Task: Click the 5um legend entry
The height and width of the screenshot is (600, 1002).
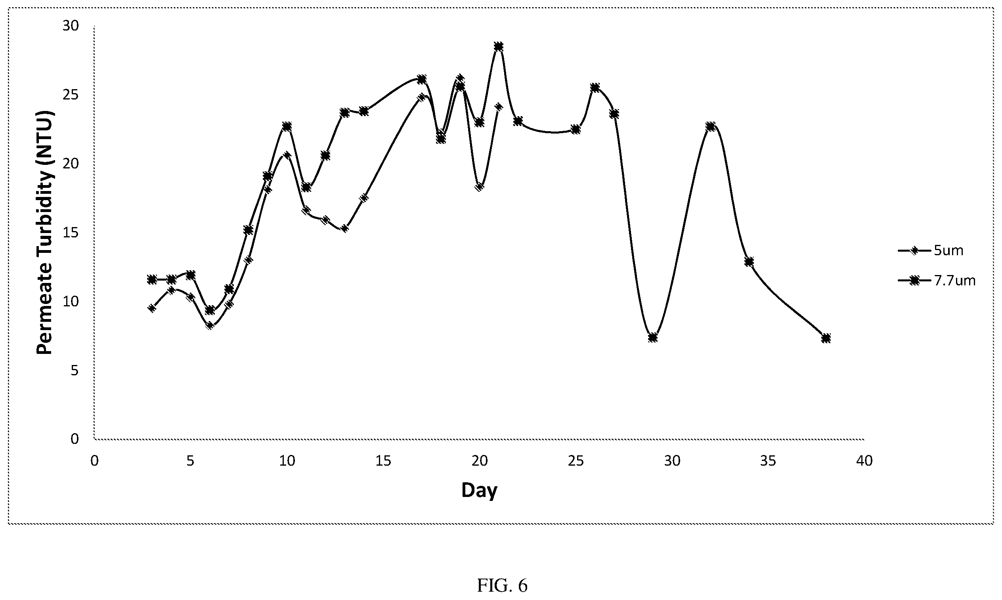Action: tap(930, 251)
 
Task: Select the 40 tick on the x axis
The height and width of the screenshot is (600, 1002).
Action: tap(864, 461)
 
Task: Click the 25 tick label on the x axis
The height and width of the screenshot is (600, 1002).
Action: tap(576, 461)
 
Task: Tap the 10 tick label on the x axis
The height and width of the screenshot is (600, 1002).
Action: tap(287, 461)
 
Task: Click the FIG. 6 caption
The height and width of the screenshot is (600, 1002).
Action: tap(502, 585)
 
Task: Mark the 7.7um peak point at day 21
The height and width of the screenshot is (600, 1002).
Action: tap(499, 46)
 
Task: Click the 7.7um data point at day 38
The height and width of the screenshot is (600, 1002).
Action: tap(826, 338)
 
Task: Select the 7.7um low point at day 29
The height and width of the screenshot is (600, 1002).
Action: tap(653, 338)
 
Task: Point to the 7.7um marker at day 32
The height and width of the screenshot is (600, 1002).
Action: tap(710, 126)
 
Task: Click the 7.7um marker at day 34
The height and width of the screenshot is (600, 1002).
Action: tap(749, 262)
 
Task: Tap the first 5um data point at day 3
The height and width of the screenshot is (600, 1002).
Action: tap(152, 308)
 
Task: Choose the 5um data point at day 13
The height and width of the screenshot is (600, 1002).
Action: tap(344, 228)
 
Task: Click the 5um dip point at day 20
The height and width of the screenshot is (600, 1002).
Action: tap(480, 187)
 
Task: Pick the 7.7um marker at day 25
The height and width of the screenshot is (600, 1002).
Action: tap(576, 129)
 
